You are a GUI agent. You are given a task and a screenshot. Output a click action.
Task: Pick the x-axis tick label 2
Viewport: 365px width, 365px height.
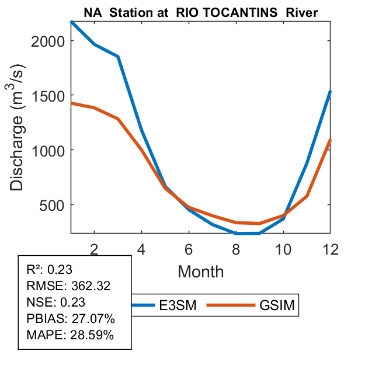[95, 248]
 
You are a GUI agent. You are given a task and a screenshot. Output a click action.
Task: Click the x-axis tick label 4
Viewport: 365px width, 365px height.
[142, 248]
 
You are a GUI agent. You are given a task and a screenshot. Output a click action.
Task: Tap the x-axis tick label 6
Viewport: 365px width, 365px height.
[189, 248]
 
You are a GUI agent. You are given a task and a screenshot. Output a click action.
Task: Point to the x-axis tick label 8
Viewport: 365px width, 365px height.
[236, 248]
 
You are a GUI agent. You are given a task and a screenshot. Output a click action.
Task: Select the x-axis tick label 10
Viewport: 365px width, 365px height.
[283, 248]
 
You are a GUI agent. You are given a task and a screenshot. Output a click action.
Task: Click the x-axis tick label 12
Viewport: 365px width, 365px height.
[330, 248]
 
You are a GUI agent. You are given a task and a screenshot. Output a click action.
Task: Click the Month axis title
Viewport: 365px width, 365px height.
[201, 272]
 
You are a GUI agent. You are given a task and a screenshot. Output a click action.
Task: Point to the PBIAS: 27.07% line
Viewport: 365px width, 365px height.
[71, 319]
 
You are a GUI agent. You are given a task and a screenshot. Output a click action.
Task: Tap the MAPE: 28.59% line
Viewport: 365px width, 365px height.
[71, 335]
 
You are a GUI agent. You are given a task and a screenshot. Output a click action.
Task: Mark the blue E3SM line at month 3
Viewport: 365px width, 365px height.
[119, 57]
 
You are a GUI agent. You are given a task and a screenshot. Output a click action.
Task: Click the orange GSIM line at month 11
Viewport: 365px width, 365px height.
[307, 196]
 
